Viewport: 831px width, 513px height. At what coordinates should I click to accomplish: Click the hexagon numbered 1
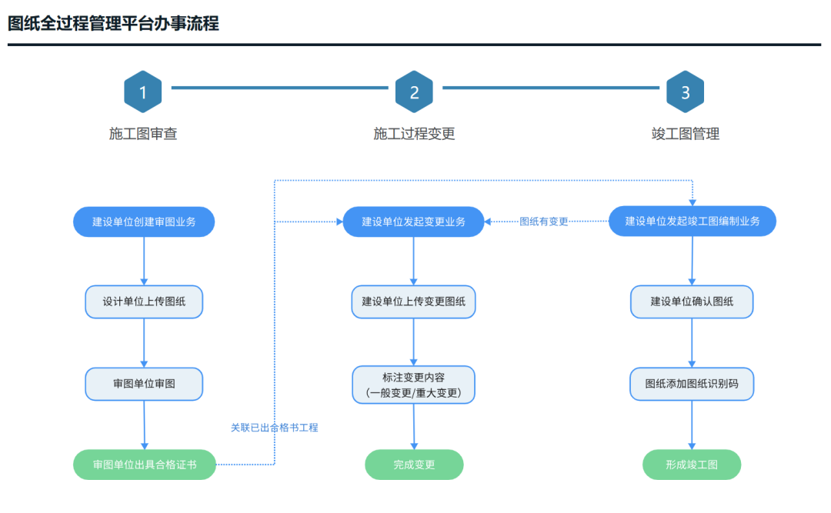tap(143, 92)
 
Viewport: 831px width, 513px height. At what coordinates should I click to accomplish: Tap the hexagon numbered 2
tap(414, 92)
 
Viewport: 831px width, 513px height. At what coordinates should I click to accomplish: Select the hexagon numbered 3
tap(685, 92)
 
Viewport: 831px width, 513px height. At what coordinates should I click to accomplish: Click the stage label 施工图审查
tap(143, 134)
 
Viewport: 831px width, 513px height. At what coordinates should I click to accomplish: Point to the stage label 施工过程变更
tap(414, 134)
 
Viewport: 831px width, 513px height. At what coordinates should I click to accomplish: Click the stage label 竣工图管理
tap(685, 134)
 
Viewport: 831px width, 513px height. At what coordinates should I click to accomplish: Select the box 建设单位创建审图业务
tap(144, 222)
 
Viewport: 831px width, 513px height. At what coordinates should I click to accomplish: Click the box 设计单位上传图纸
tap(144, 301)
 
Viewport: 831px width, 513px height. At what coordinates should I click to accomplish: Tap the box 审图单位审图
tap(144, 383)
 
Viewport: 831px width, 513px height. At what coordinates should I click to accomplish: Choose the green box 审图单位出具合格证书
tap(145, 465)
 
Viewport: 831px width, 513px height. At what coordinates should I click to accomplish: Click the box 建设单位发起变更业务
tap(414, 222)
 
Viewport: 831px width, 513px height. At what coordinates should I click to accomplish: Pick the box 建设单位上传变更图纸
tap(414, 301)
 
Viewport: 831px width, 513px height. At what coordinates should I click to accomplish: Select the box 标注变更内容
tap(414, 385)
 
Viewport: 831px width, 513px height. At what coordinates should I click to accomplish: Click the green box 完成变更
tap(414, 465)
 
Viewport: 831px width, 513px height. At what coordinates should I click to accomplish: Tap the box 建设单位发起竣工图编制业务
tap(692, 221)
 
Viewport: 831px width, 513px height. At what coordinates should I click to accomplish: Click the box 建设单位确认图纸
tap(692, 301)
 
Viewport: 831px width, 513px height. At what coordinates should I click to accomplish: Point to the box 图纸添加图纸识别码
tap(692, 383)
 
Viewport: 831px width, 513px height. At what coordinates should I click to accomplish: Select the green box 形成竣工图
tap(692, 465)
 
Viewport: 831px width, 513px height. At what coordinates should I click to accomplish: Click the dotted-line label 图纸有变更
tap(544, 222)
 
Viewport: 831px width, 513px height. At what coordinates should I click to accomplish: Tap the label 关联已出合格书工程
tap(274, 428)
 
